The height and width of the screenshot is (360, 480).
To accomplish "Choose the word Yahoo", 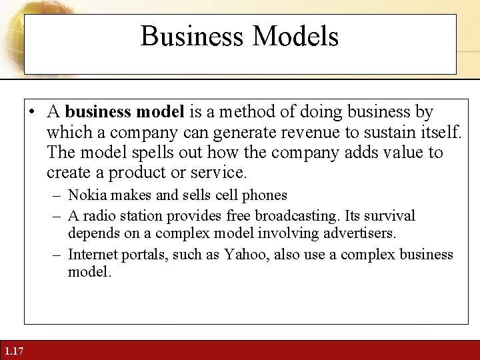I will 247,255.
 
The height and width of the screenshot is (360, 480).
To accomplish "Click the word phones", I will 266,195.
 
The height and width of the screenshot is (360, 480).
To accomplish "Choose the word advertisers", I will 360,234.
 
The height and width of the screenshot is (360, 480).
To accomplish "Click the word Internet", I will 92,255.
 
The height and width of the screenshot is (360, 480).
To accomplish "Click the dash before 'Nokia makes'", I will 57,196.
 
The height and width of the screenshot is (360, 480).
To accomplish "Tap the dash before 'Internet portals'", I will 57,255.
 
